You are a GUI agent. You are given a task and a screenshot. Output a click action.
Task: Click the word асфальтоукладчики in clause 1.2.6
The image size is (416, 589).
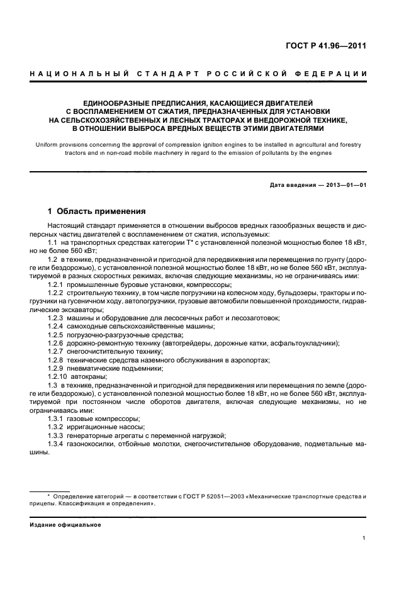305,343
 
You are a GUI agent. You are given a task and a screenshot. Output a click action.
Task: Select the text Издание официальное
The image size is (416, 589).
61,524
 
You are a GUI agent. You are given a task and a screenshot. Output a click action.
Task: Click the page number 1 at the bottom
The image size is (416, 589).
364,538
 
